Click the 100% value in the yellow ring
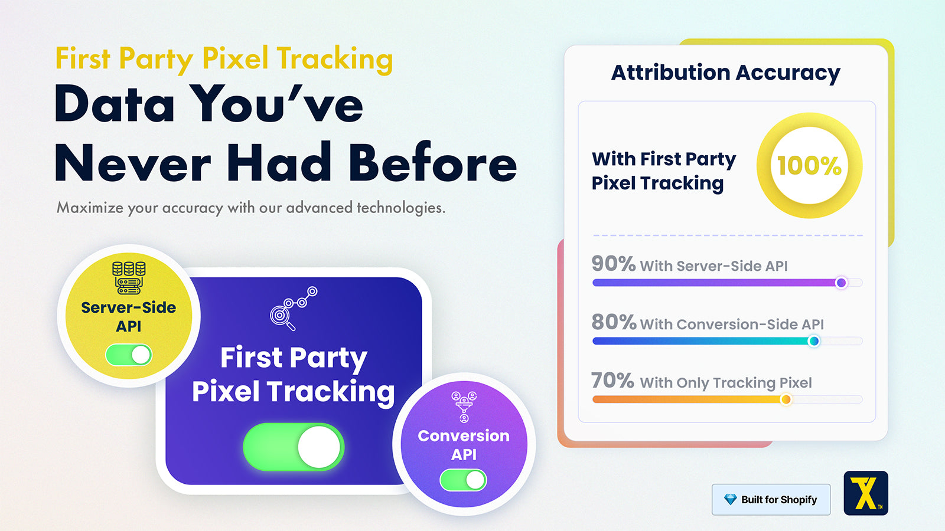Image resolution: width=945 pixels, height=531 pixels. [x=809, y=166]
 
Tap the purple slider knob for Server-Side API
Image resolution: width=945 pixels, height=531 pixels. [x=841, y=283]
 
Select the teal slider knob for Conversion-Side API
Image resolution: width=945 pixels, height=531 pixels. [x=814, y=341]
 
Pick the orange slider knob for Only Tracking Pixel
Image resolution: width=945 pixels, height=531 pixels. [x=786, y=399]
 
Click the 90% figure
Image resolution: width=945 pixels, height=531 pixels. [x=614, y=264]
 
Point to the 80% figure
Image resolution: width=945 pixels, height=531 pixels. [x=614, y=322]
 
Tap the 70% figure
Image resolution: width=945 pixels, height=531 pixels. [x=612, y=381]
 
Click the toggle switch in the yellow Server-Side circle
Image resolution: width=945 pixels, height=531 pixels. [x=129, y=355]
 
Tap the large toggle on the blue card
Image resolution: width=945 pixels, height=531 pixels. [x=294, y=447]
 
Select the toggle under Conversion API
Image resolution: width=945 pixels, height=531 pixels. [x=463, y=480]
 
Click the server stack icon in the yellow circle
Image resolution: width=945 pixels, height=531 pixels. [x=129, y=278]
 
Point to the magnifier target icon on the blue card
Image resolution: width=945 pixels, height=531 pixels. [x=294, y=309]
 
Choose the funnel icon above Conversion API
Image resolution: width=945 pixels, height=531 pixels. [x=464, y=407]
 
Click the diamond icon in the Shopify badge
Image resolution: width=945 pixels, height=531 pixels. [x=730, y=499]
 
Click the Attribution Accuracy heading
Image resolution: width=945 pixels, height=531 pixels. [x=726, y=73]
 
